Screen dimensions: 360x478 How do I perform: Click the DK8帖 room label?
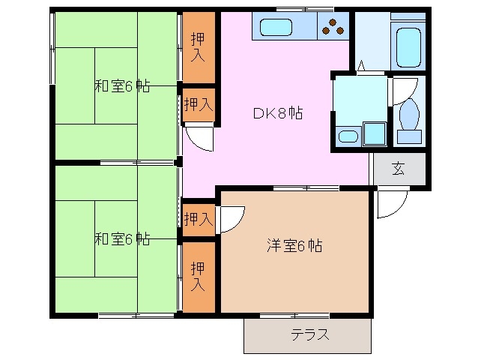(276, 114)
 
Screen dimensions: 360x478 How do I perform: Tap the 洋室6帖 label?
(294, 245)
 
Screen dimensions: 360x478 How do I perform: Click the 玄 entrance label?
(398, 169)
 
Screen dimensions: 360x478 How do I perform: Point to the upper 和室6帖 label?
(121, 85)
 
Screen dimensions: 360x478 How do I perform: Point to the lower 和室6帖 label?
(121, 239)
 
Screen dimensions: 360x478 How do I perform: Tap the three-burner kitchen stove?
(333, 27)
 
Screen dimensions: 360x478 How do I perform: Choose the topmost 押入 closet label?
(197, 46)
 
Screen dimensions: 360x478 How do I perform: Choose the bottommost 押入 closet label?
(197, 275)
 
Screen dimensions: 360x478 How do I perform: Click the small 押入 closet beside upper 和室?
(197, 103)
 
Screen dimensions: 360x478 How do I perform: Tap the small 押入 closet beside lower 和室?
(197, 219)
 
